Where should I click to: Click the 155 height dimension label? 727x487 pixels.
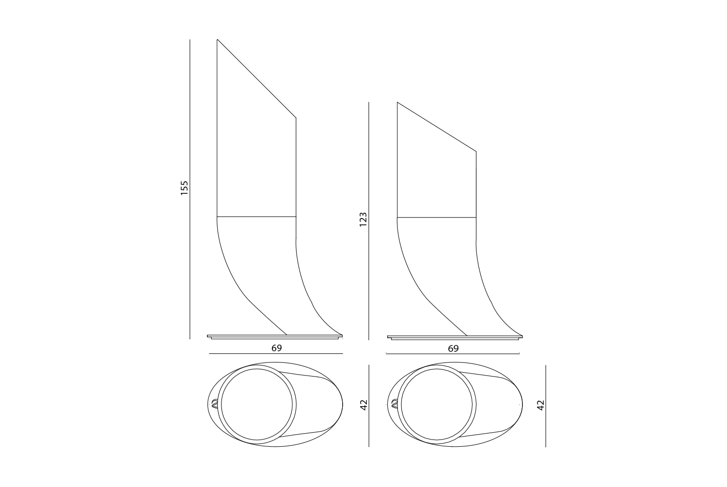tap(184, 188)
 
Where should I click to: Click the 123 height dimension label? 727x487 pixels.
tap(363, 220)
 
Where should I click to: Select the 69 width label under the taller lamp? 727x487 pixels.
tap(277, 348)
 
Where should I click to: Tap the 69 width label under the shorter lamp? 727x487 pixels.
tap(453, 348)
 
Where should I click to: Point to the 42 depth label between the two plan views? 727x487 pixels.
tap(364, 405)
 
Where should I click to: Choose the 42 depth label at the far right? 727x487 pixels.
tap(540, 405)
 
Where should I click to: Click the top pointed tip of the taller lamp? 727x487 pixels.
tap(217, 40)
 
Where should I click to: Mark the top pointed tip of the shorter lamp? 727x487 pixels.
tap(397, 102)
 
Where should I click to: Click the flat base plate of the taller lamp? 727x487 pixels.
tap(275, 337)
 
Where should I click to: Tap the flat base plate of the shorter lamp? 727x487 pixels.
tap(455, 337)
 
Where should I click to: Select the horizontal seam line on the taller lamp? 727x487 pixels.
tap(256, 217)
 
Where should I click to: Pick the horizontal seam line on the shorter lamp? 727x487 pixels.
tap(437, 217)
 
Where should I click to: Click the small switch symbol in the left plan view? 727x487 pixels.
tap(214, 404)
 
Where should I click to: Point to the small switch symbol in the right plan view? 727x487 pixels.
tap(395, 404)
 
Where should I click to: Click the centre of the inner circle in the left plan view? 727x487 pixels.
tap(257, 405)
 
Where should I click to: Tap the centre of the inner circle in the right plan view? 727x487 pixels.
tap(437, 405)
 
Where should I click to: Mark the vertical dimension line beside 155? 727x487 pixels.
tap(190, 189)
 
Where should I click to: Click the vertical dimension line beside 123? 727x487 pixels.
tap(369, 221)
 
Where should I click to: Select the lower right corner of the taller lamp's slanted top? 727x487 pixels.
tap(296, 118)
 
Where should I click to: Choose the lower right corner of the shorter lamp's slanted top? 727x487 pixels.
tap(476, 151)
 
